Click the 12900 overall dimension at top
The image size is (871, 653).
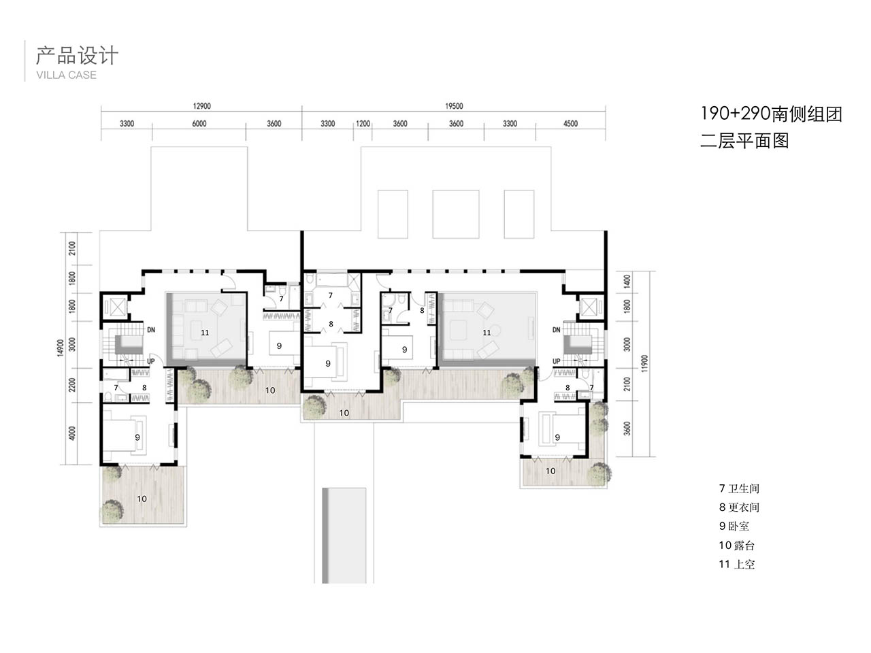pos(201,106)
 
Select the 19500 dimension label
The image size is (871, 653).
pos(454,106)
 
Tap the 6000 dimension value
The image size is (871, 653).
pos(199,123)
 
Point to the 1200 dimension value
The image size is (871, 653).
pos(363,123)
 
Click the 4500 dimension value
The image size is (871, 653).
pos(570,123)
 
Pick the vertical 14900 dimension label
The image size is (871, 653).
pos(61,348)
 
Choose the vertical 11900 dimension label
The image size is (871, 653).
pos(644,363)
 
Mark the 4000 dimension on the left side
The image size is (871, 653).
pos(72,433)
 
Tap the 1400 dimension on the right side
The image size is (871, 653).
pos(627,281)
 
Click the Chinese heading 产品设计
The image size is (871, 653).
pos(77,55)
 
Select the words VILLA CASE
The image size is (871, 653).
pos(66,75)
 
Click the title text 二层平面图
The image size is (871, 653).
pos(744,140)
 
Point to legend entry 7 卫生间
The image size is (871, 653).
pos(739,488)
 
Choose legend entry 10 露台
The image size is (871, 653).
pos(736,545)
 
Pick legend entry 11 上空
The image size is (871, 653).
pos(736,564)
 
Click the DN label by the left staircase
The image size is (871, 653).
pos(151,329)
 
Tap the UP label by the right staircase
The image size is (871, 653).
pos(557,361)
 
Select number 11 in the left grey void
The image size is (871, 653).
pos(205,332)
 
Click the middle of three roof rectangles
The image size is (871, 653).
pos(455,214)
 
